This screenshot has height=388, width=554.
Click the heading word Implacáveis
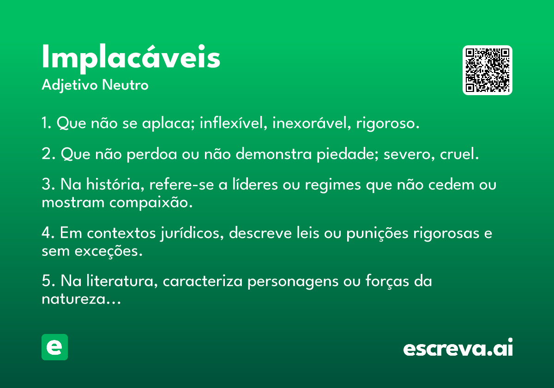pyautogui.click(x=131, y=58)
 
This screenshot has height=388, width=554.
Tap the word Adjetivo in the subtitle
pyautogui.click(x=70, y=85)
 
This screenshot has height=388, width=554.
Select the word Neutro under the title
pyautogui.click(x=125, y=85)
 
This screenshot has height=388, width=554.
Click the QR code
pyautogui.click(x=487, y=70)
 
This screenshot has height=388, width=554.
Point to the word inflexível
pyautogui.click(x=234, y=123)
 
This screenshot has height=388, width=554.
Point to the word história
pyautogui.click(x=115, y=184)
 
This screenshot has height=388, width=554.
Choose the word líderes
pyautogui.click(x=255, y=184)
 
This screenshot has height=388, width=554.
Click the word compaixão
pyautogui.click(x=151, y=203)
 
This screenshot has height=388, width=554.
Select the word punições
pyautogui.click(x=378, y=234)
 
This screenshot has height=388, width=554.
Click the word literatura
pyautogui.click(x=122, y=281)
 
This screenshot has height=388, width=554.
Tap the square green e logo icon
pyautogui.click(x=54, y=347)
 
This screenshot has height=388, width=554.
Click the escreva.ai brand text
pyautogui.click(x=458, y=347)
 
